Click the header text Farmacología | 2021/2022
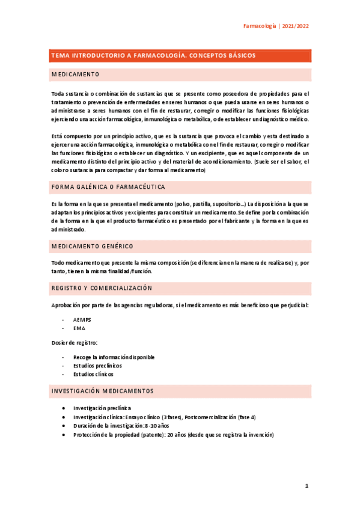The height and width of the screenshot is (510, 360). click(x=276, y=26)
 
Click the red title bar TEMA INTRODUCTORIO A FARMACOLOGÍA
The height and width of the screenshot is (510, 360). click(x=154, y=55)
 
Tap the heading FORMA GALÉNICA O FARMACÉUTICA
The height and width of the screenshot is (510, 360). click(x=109, y=187)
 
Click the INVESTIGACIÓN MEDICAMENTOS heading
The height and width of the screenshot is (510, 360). click(x=103, y=391)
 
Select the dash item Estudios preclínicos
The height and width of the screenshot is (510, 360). click(x=97, y=366)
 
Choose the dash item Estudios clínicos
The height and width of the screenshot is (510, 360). click(x=93, y=374)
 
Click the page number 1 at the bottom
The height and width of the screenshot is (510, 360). click(x=306, y=486)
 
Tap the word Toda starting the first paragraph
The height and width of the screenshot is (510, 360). click(x=58, y=94)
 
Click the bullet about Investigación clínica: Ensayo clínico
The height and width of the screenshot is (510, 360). click(x=163, y=417)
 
